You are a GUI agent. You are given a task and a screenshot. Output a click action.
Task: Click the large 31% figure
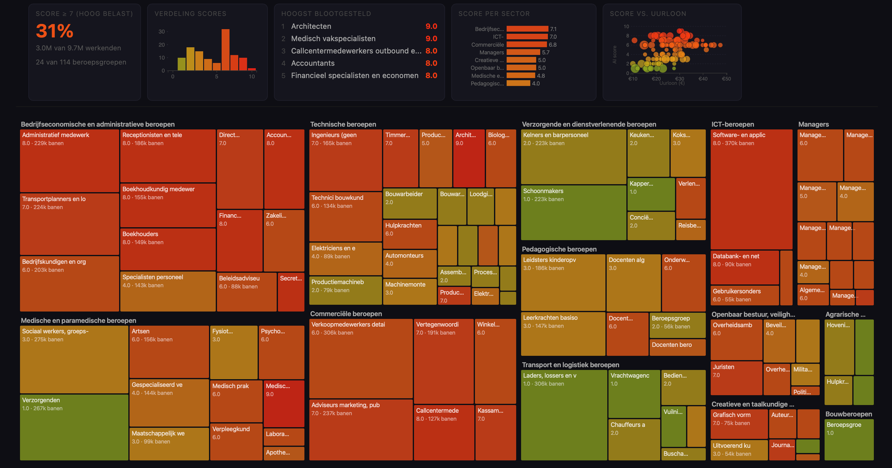click(54, 31)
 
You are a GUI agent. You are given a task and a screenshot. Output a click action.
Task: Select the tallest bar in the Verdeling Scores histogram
click(225, 49)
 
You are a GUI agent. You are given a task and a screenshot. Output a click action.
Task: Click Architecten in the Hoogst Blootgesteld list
click(311, 26)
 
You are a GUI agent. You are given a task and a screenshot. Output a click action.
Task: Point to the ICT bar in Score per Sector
click(527, 37)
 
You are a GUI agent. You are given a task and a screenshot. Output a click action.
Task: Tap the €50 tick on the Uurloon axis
click(726, 79)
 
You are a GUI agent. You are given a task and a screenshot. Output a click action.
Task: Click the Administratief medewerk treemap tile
click(69, 160)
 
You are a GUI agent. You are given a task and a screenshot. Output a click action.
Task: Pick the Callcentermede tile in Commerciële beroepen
click(443, 432)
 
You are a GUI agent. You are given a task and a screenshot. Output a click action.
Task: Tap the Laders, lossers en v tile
click(563, 415)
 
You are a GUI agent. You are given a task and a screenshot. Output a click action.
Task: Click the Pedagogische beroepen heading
click(559, 249)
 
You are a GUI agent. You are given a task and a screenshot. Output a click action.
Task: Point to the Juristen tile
click(736, 378)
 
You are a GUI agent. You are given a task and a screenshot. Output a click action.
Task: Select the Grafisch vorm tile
click(739, 423)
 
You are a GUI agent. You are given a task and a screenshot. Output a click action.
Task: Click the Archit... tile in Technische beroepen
click(468, 158)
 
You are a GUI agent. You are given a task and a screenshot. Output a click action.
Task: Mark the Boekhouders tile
click(168, 249)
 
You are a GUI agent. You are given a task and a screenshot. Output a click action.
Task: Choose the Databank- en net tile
click(744, 267)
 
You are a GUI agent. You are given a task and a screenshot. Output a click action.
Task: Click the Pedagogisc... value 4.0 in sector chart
click(536, 83)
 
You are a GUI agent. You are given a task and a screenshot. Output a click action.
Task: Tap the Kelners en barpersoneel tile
click(573, 156)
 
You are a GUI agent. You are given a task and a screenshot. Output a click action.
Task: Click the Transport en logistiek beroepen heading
click(570, 365)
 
